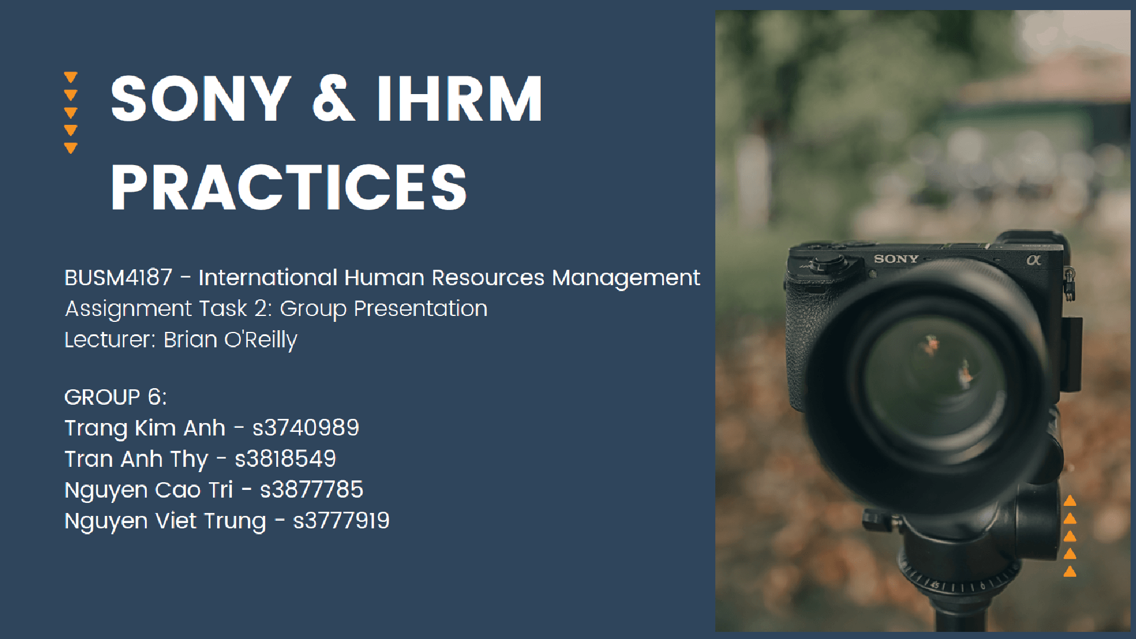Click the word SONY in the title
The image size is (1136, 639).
coord(200,99)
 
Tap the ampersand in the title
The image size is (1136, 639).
coord(333,99)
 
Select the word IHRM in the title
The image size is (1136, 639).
coord(459,99)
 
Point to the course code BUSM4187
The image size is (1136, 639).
coord(118,277)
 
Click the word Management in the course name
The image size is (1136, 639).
coord(625,278)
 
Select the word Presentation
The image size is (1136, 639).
coord(420,309)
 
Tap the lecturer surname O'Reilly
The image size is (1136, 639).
coord(260,340)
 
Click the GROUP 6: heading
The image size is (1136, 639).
coord(115,397)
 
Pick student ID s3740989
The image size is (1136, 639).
coord(305,428)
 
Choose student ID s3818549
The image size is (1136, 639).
coord(285,459)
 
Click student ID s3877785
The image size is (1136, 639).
coord(311,490)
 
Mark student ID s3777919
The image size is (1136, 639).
coord(341,521)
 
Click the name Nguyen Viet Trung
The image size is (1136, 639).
coord(165,521)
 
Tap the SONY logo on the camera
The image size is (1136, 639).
coord(896,259)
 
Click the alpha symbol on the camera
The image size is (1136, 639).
coord(1034,260)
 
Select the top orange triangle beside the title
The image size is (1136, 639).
coord(70,78)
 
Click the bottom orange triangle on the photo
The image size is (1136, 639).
coord(1070,571)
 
